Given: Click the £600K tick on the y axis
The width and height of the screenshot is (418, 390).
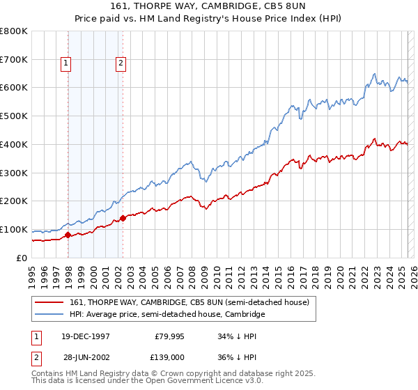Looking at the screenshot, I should pyautogui.click(x=14, y=88).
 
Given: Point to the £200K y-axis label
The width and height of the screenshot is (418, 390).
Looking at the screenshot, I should pyautogui.click(x=14, y=201).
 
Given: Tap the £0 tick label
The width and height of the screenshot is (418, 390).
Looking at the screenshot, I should pyautogui.click(x=22, y=258).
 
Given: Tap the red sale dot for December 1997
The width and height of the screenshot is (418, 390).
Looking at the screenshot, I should pyautogui.click(x=68, y=235).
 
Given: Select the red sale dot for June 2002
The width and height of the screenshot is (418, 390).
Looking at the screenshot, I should pyautogui.click(x=123, y=218).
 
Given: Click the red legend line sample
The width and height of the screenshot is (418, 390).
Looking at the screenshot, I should pyautogui.click(x=50, y=302).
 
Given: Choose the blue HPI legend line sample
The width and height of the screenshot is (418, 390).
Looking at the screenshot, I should pyautogui.click(x=50, y=315).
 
